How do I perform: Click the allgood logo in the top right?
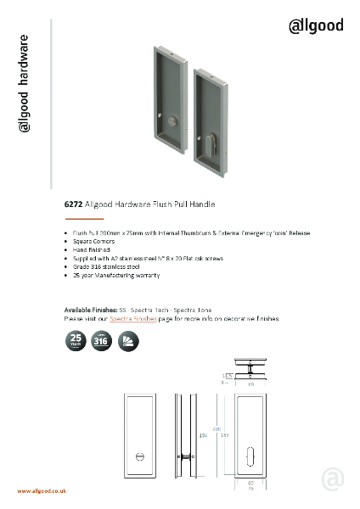tap(316, 25)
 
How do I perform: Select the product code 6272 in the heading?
tap(73, 204)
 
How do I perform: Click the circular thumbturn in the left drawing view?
tap(141, 457)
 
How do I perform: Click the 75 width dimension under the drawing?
tap(251, 489)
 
